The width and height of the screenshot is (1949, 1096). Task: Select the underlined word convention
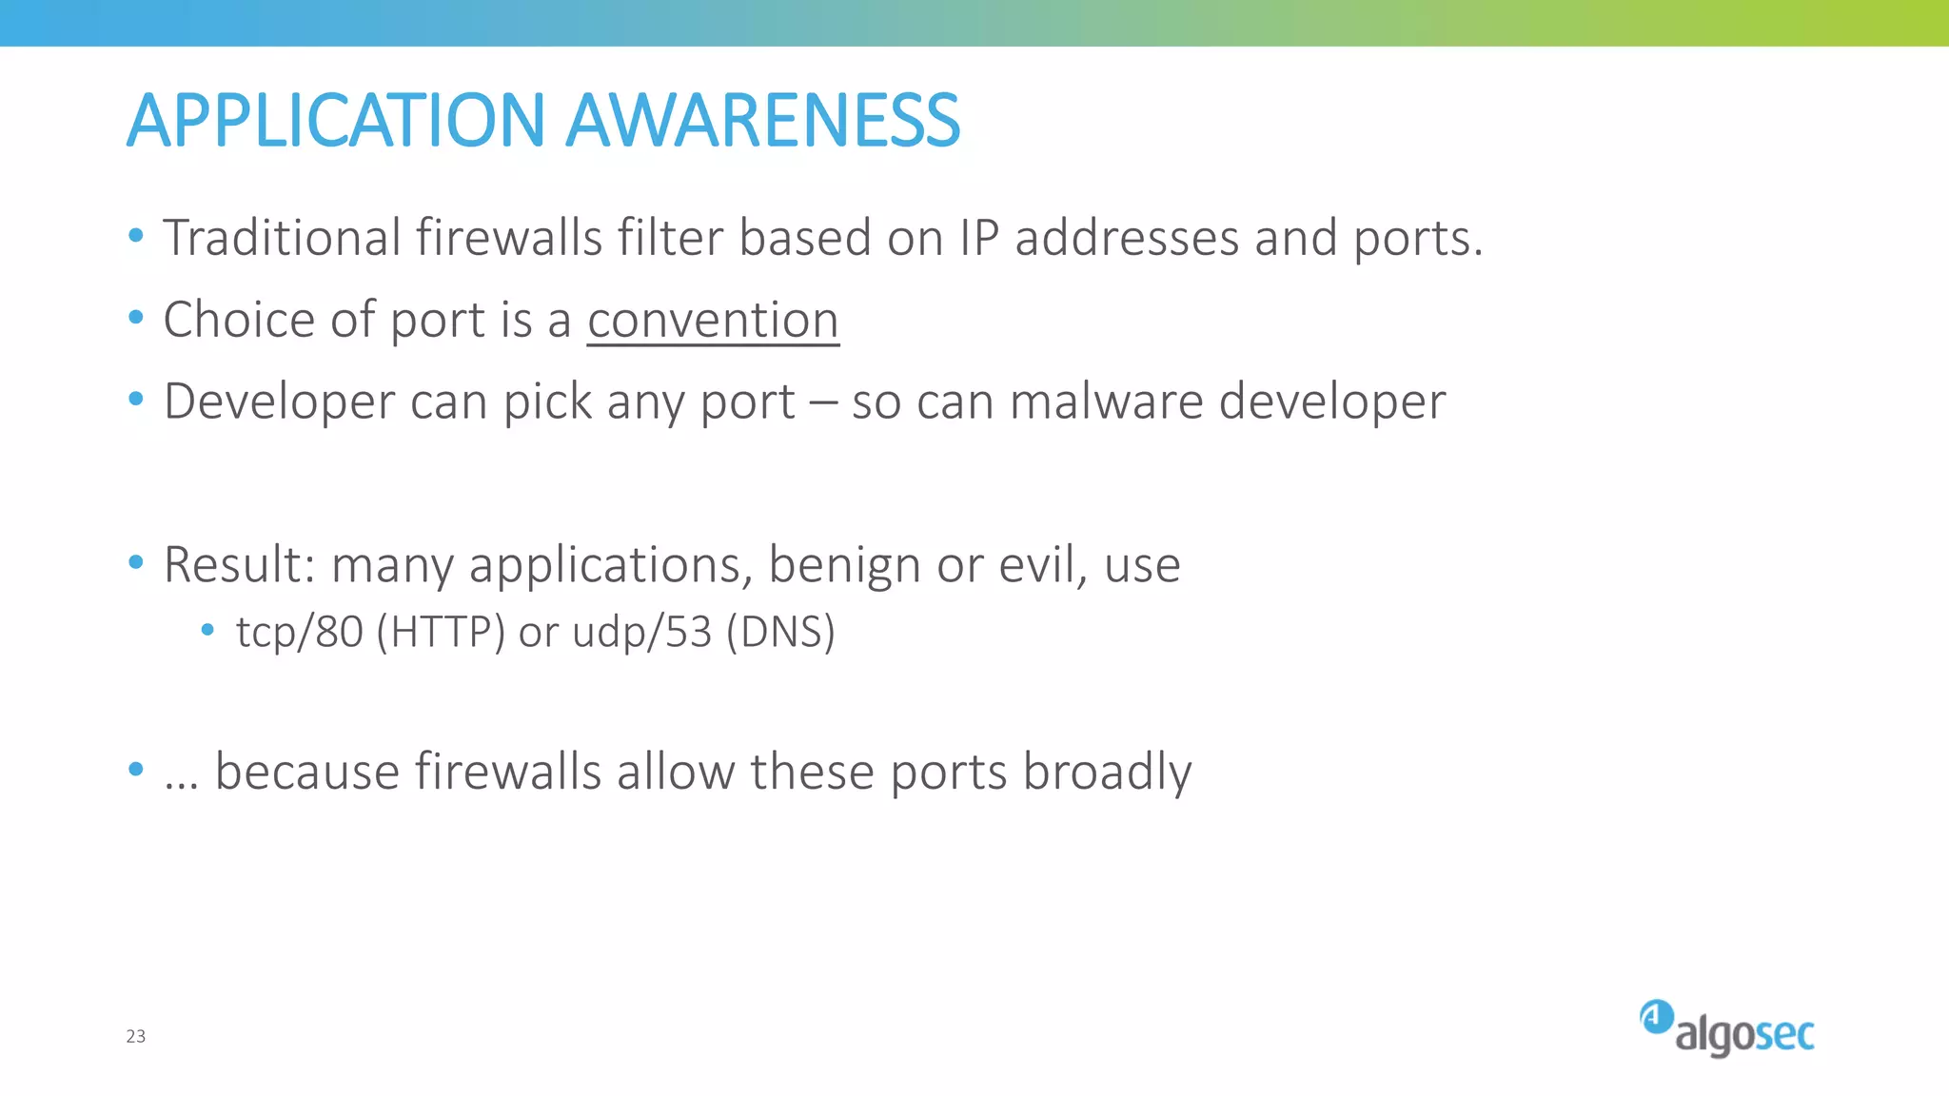click(713, 320)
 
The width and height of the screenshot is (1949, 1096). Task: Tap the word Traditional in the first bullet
click(282, 238)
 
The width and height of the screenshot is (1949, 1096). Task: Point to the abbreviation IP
click(978, 238)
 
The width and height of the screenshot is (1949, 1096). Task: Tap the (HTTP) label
click(441, 633)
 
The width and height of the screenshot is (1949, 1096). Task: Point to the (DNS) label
click(780, 633)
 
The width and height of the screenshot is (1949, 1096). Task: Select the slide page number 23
click(136, 1036)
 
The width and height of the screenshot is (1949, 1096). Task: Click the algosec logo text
click(1744, 1035)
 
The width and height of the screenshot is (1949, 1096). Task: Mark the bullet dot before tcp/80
click(207, 630)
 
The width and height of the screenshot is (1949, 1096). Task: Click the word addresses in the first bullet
click(1127, 238)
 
